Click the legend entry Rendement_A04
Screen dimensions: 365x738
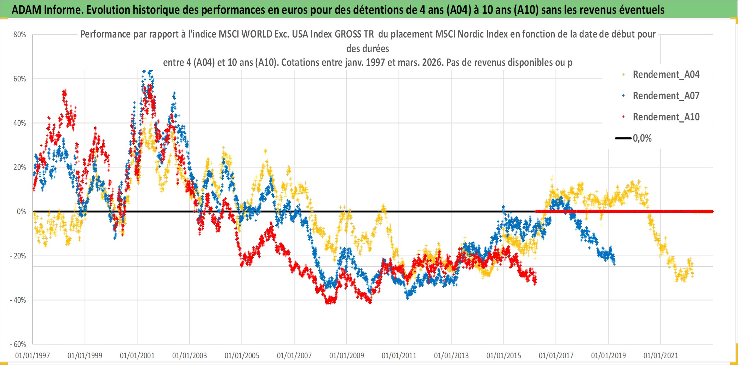click(666, 75)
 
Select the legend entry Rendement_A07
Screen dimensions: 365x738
click(666, 96)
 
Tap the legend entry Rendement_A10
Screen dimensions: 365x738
click(666, 117)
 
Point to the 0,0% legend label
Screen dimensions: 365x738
click(642, 138)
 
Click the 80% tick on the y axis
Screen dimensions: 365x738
click(20, 35)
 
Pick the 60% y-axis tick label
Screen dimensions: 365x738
click(20, 79)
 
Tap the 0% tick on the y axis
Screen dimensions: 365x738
click(22, 212)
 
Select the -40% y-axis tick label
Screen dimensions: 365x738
click(18, 300)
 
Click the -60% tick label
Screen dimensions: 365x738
click(18, 344)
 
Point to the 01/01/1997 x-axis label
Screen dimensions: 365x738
click(33, 355)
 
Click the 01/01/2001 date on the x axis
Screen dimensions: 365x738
click(137, 355)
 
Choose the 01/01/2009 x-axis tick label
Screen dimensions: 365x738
click(347, 355)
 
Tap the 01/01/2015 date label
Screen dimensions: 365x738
click(504, 355)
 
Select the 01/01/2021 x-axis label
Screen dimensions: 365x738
click(661, 355)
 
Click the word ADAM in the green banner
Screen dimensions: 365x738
click(27, 10)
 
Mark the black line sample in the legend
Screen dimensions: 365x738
click(623, 138)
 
